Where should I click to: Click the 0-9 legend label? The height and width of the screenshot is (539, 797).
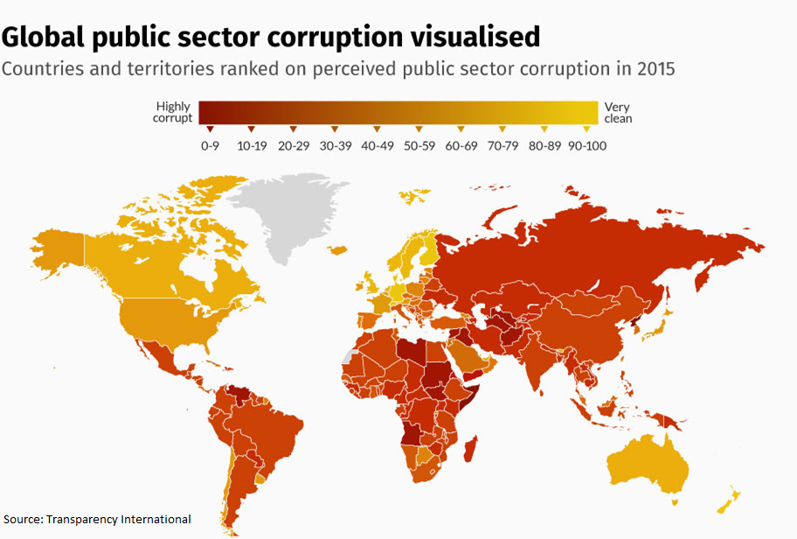pos(210,145)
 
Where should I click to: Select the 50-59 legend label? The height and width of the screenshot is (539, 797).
pos(419,145)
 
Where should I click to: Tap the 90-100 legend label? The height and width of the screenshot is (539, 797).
pos(587,145)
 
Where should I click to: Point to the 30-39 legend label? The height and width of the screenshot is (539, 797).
pos(336,145)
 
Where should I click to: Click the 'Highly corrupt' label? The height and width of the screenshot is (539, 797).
pos(172,113)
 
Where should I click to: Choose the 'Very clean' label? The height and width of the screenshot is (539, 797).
pos(617,113)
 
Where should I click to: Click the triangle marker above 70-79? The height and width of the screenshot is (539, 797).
pos(502,129)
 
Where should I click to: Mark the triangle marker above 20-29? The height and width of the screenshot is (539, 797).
pos(294,129)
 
